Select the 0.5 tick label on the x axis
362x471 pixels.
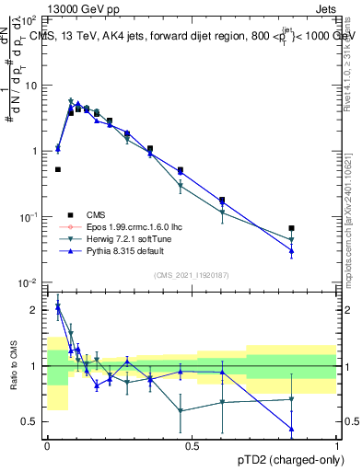[192, 445]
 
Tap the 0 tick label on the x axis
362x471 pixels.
[47, 445]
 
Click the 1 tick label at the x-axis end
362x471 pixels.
[336, 445]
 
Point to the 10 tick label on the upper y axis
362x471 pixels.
[30, 86]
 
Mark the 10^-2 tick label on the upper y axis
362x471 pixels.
[28, 282]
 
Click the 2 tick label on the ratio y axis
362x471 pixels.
[35, 310]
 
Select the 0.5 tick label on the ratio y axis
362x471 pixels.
[30, 421]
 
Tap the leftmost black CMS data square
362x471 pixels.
[58, 169]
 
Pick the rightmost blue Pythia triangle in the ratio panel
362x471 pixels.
[292, 429]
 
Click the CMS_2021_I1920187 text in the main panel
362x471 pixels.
[191, 275]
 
